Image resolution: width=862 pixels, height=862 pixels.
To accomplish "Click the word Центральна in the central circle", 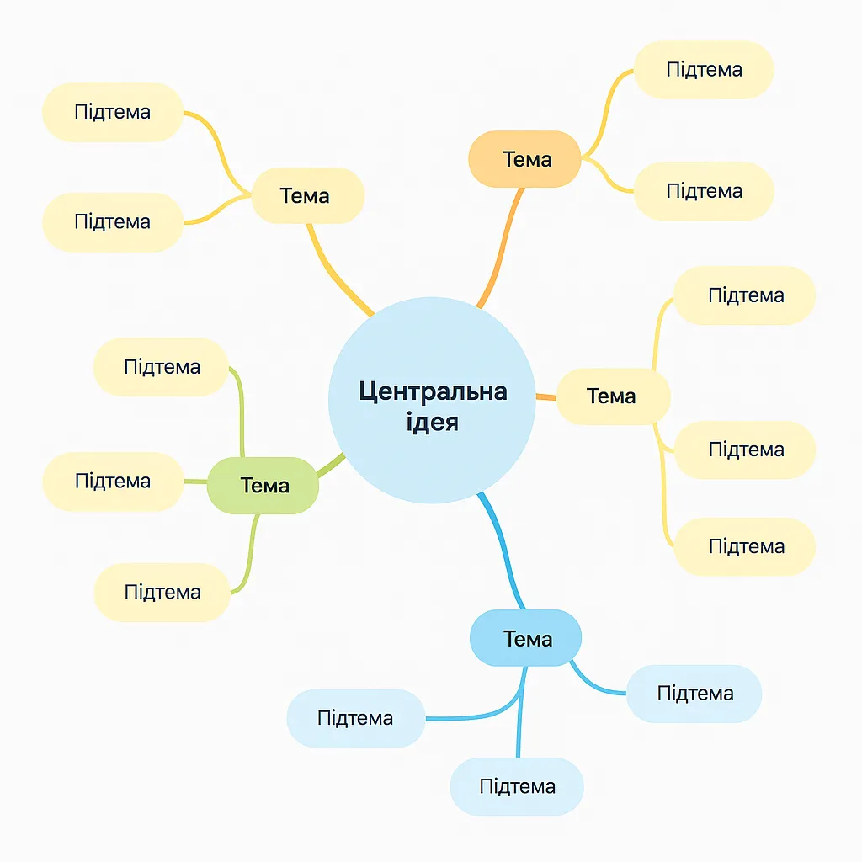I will (x=433, y=392).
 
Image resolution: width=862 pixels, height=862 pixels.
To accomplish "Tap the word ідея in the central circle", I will (x=433, y=421).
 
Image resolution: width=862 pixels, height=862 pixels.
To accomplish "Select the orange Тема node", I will (x=525, y=159).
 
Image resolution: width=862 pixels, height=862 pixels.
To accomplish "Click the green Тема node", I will (x=263, y=486).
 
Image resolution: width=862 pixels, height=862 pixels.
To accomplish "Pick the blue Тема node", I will (x=526, y=639).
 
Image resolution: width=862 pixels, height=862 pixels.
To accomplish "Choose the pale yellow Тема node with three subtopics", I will (x=612, y=396).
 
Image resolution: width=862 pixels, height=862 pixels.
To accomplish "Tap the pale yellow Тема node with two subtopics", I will (x=306, y=196).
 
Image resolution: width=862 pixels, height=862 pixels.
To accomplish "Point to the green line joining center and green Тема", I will (x=332, y=465).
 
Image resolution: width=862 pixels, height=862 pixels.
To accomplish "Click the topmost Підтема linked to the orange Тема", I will (x=704, y=69).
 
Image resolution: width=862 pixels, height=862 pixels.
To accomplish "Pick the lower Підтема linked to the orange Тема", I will (x=704, y=191).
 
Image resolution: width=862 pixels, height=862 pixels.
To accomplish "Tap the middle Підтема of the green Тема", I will (x=113, y=481).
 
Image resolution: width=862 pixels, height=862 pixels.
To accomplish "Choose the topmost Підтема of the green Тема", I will (x=162, y=367).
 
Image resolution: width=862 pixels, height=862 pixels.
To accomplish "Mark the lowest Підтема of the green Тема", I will (x=162, y=592).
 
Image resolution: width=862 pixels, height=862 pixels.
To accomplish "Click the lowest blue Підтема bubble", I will (x=517, y=786).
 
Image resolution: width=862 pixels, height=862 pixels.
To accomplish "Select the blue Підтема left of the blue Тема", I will (x=355, y=718).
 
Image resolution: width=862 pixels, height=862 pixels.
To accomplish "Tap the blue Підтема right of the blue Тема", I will (x=694, y=694).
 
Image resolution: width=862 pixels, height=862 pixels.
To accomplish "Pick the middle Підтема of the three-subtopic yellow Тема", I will (x=746, y=450).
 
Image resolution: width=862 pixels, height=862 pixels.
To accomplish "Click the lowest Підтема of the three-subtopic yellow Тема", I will (x=746, y=546).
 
